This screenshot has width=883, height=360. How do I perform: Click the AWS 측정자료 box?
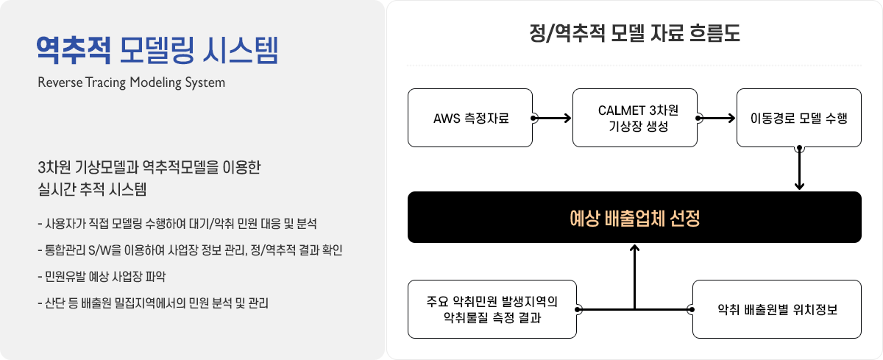(470, 118)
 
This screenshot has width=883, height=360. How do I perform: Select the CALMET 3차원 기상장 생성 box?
(634, 118)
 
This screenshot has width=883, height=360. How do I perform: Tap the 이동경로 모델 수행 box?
(799, 118)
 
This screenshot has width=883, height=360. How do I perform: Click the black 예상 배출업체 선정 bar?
(634, 217)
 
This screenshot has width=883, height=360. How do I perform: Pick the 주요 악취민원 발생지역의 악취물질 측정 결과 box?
(492, 309)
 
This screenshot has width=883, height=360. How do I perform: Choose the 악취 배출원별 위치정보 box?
(777, 309)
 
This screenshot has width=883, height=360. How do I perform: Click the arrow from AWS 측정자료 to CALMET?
(552, 118)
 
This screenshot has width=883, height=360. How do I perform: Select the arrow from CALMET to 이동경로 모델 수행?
(716, 118)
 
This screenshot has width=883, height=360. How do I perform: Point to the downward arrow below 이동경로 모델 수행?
(799, 168)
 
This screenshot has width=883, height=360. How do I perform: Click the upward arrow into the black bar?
(634, 277)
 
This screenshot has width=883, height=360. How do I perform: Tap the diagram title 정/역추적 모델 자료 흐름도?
(634, 33)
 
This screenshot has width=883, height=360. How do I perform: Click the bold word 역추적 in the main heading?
(74, 50)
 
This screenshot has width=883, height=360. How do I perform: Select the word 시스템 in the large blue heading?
(241, 50)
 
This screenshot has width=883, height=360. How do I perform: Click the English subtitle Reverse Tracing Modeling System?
(131, 82)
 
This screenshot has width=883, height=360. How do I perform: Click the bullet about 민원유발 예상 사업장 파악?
(102, 276)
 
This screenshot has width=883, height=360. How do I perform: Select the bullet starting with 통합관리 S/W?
(190, 250)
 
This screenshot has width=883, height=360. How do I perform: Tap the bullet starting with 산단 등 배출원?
(153, 303)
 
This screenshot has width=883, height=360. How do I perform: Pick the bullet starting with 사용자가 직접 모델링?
(177, 224)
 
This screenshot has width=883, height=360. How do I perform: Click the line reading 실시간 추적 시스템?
(92, 189)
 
